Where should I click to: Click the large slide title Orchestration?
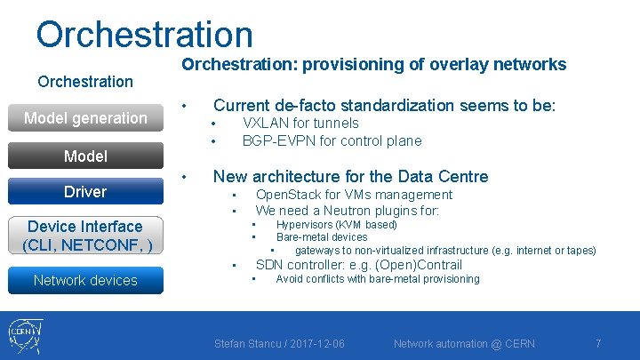pos(144,34)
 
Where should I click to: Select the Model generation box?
pos(85,117)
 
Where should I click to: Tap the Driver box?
pos(84,191)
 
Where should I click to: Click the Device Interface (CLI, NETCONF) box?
pos(85,236)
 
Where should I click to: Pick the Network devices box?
pos(85,280)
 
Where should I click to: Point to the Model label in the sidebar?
pos(85,156)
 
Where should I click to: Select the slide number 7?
pos(598,343)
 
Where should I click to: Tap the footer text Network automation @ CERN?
pos(465,343)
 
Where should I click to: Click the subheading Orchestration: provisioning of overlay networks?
pos(373,64)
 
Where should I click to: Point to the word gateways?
pos(317,250)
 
